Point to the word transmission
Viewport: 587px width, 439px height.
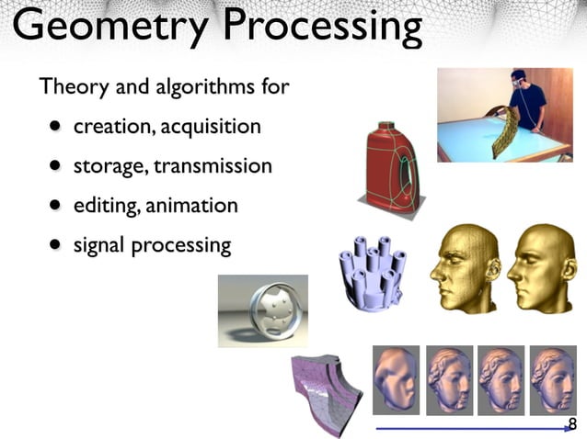click(213, 166)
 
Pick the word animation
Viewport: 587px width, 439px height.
click(192, 205)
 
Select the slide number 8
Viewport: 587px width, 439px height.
click(572, 423)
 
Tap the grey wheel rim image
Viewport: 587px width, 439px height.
click(263, 310)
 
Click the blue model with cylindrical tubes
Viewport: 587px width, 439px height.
click(372, 272)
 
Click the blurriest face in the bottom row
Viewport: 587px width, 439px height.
click(396, 377)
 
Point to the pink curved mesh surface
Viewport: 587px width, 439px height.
click(327, 391)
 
